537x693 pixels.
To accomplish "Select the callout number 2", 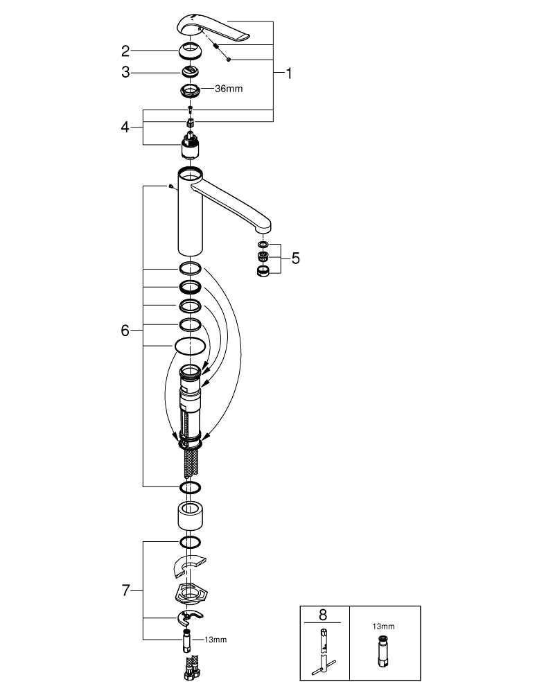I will click(125, 50).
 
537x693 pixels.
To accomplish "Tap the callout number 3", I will click(125, 71).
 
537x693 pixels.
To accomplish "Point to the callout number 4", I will click(125, 127).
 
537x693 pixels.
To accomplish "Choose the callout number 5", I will click(296, 258).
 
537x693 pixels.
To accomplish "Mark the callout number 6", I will click(125, 331).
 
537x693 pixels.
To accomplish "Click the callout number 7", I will click(125, 590).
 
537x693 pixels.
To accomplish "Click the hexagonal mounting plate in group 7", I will click(190, 592).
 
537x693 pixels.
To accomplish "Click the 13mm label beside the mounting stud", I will click(216, 640).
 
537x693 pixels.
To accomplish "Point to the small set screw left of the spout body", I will click(170, 186).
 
